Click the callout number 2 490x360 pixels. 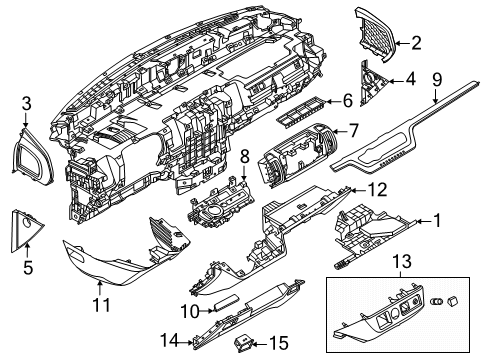pyautogui.click(x=416, y=43)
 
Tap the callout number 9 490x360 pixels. pyautogui.click(x=437, y=80)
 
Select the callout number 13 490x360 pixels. pyautogui.click(x=402, y=261)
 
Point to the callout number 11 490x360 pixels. pyautogui.click(x=101, y=304)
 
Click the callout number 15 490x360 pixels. pyautogui.click(x=279, y=343)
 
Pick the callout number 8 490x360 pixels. pyautogui.click(x=245, y=156)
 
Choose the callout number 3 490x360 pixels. pyautogui.click(x=27, y=103)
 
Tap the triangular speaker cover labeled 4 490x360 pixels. pyautogui.click(x=372, y=83)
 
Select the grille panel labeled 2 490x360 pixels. pyautogui.click(x=377, y=33)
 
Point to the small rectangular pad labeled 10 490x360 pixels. pyautogui.click(x=226, y=302)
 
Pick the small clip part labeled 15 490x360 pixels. pyautogui.click(x=244, y=344)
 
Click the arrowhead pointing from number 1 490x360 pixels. pyautogui.click(x=418, y=221)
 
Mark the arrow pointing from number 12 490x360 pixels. pyautogui.click(x=357, y=191)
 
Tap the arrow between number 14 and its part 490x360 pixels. pyautogui.click(x=187, y=341)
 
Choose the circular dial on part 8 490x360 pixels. pyautogui.click(x=213, y=211)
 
